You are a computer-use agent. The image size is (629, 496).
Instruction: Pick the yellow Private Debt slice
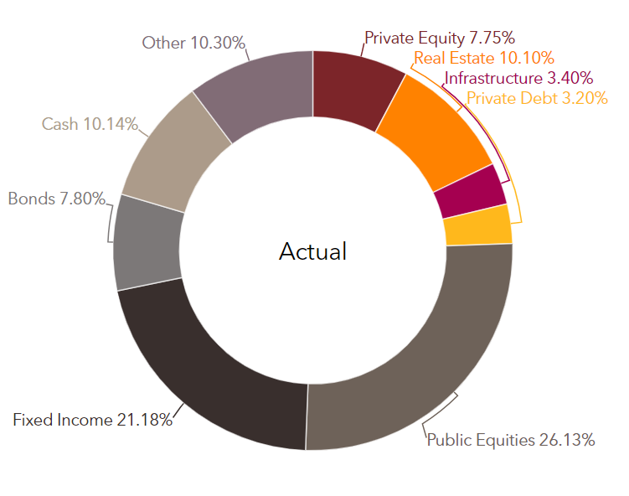click(x=478, y=225)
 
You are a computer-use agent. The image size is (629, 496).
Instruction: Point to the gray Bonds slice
click(x=147, y=243)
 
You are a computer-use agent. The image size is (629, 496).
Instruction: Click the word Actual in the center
click(x=313, y=251)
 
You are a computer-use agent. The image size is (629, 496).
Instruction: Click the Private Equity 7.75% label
click(x=440, y=39)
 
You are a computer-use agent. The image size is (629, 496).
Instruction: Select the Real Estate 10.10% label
click(x=484, y=58)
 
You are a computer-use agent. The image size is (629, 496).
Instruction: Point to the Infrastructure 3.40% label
click(x=518, y=78)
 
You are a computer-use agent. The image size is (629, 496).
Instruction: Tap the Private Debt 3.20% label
click(x=537, y=98)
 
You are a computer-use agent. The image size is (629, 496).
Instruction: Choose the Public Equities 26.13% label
click(x=511, y=440)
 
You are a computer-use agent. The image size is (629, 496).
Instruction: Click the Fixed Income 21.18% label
click(x=93, y=420)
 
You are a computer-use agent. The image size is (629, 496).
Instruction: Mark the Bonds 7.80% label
click(x=57, y=199)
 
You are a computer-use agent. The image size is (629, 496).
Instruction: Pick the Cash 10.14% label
click(x=90, y=124)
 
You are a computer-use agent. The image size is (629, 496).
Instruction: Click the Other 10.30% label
click(x=193, y=43)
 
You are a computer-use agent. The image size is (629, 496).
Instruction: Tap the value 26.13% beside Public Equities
click(x=567, y=440)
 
